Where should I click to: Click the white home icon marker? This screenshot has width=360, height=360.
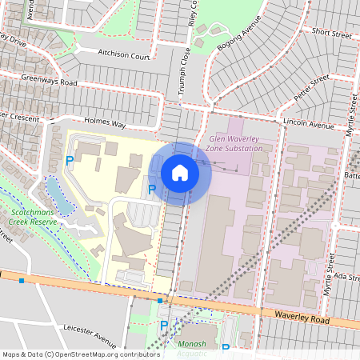click(180, 173)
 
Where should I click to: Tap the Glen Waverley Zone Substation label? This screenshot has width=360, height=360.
click(234, 143)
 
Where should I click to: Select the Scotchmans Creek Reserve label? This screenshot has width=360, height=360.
click(30, 218)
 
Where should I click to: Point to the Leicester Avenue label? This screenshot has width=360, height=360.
click(89, 336)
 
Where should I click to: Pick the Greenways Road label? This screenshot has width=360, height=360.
click(49, 82)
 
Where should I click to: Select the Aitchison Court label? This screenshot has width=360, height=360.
click(124, 57)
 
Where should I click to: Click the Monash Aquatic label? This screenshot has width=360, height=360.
click(192, 348)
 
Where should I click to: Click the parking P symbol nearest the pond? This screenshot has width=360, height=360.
click(70, 161)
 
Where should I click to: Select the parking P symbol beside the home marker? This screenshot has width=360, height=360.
click(152, 189)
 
